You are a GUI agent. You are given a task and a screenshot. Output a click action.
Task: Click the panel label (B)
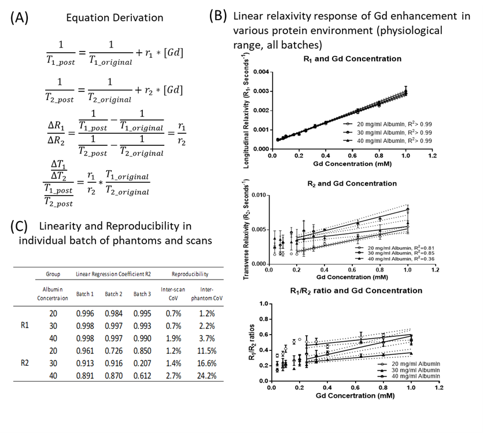[x=219, y=16]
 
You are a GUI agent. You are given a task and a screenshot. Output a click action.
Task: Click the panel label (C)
[x=21, y=227]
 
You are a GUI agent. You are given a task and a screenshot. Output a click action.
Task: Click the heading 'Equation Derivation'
[x=115, y=18]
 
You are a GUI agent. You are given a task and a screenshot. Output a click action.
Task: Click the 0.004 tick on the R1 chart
[x=262, y=72]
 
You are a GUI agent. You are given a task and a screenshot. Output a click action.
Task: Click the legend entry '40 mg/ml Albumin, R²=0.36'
[x=391, y=259]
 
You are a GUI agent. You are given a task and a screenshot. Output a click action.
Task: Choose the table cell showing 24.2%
[x=207, y=376]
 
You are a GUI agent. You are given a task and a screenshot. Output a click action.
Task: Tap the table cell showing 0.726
[x=113, y=351]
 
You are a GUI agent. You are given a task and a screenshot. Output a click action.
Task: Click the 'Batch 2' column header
[x=113, y=294]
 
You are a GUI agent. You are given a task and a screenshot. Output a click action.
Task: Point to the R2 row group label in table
[x=25, y=364]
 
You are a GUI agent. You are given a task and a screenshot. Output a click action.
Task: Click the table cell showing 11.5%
[x=207, y=351]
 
